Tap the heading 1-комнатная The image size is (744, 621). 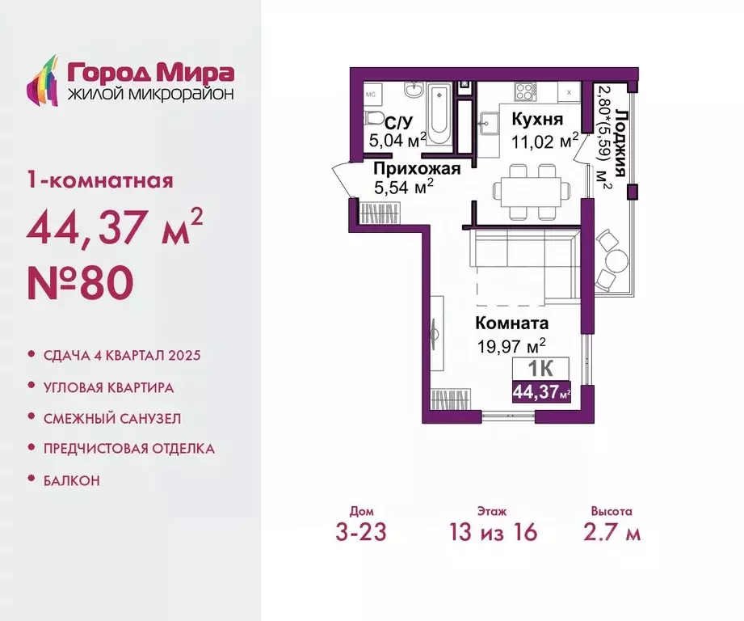[x=100, y=180]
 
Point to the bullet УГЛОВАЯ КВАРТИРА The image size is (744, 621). [x=109, y=387]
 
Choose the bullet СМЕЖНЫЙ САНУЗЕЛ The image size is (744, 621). [x=112, y=418]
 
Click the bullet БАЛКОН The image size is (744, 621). [x=72, y=480]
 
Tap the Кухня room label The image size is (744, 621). [x=536, y=120]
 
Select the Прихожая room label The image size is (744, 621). [x=417, y=168]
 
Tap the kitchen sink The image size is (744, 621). [x=488, y=125]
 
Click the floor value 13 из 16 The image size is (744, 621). [x=493, y=532]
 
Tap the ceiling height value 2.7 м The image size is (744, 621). [x=611, y=532]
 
